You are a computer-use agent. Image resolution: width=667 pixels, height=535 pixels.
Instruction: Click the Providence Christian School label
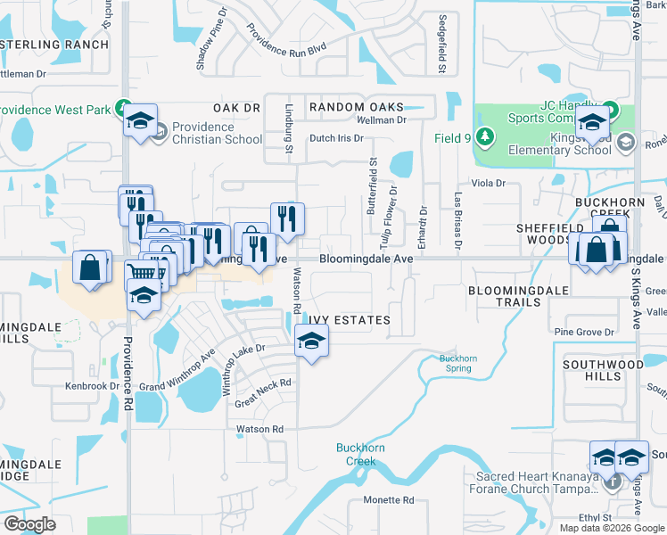coord(218,133)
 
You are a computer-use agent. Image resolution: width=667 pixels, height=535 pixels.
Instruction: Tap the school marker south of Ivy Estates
coord(311,341)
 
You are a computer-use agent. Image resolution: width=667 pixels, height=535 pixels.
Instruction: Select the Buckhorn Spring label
coord(458,363)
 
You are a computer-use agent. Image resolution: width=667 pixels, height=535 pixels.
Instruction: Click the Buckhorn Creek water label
coord(356,455)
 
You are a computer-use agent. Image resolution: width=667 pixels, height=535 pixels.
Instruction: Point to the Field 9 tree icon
coord(484,137)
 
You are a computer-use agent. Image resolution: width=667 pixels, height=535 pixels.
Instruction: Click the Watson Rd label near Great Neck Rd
coord(259,429)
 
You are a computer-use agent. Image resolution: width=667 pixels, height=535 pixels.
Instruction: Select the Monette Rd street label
coord(389,500)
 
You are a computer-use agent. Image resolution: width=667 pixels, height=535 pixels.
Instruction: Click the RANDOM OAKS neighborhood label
coord(356,107)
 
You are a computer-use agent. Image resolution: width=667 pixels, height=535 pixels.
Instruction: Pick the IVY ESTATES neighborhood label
coord(350,320)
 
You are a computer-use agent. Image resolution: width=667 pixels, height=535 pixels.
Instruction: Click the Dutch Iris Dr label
coord(336,138)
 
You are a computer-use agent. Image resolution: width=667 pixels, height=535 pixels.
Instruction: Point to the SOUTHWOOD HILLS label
coord(604,370)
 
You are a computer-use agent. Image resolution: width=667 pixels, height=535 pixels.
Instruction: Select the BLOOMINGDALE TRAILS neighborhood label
coord(505,296)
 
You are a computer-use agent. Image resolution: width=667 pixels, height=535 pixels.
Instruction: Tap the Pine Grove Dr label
coord(583,333)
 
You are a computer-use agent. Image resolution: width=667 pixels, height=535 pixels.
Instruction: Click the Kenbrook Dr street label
coord(92,386)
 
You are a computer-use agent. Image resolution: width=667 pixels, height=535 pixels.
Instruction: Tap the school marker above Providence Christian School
coord(140,121)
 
